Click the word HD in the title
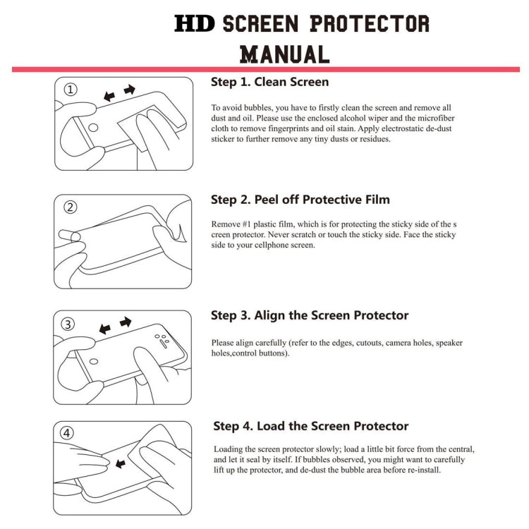click(195, 23)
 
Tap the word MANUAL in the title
click(285, 54)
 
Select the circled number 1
click(71, 90)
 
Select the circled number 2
click(71, 207)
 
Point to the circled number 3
click(68, 324)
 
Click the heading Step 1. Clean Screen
click(269, 82)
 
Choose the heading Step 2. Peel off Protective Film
click(300, 200)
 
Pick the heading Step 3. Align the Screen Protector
click(310, 315)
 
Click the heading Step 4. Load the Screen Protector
click(311, 426)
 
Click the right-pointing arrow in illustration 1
click(129, 90)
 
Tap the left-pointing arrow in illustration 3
click(105, 329)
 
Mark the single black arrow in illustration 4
click(121, 463)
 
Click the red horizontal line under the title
click(265, 69)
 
